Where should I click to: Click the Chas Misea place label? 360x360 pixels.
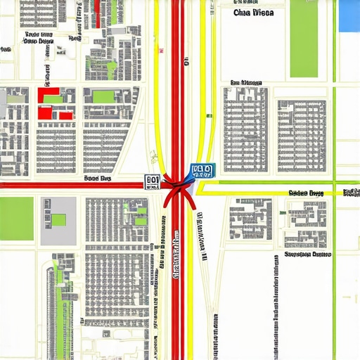pyautogui.click(x=254, y=13)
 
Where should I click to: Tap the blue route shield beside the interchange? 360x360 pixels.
pyautogui.click(x=200, y=171)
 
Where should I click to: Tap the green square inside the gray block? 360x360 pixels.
pyautogui.click(x=58, y=219)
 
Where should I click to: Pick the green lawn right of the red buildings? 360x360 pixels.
pyautogui.click(x=103, y=96)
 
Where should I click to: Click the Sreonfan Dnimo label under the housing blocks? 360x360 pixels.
pyautogui.click(x=307, y=256)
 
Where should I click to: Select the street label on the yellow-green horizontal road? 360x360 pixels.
pyautogui.click(x=306, y=193)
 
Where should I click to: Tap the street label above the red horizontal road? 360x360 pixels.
pyautogui.click(x=98, y=179)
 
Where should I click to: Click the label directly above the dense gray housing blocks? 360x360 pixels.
pyautogui.click(x=241, y=83)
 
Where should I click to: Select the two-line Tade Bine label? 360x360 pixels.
pyautogui.click(x=38, y=38)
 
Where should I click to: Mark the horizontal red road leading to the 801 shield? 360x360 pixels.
pyautogui.click(x=70, y=186)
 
